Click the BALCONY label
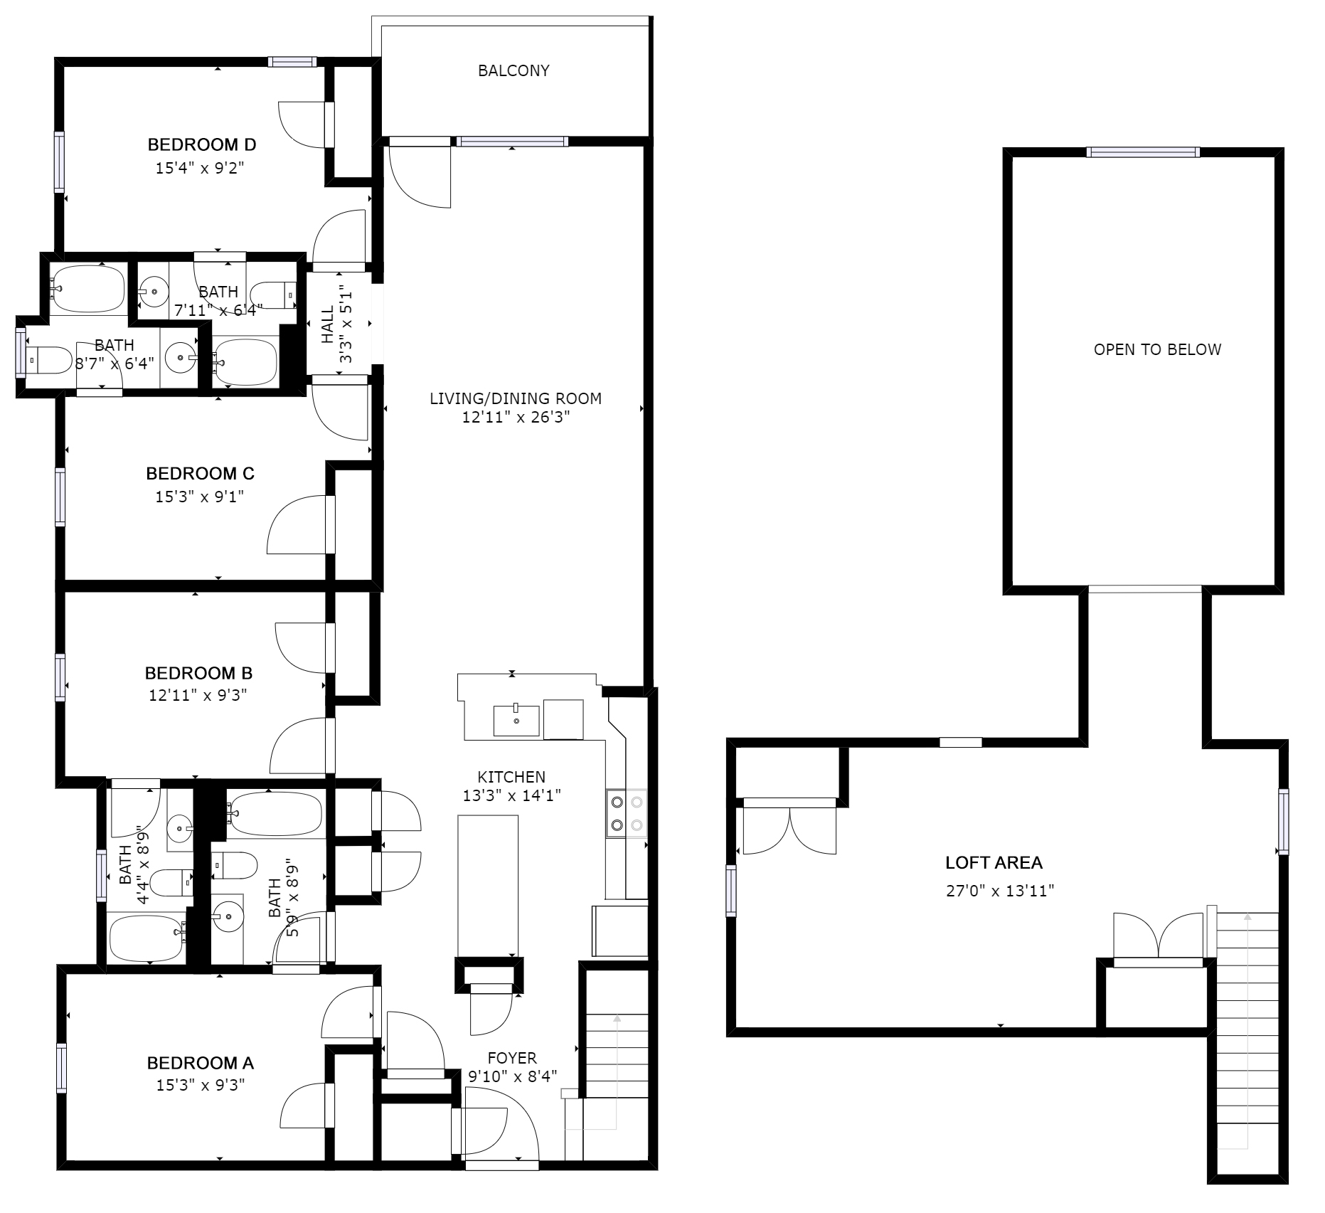point(513,70)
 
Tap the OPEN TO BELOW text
point(1157,349)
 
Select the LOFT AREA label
point(994,863)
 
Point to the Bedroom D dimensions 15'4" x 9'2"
point(205,169)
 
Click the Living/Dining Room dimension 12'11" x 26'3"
point(516,417)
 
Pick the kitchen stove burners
point(627,813)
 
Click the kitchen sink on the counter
point(516,720)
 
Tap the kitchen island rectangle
point(488,886)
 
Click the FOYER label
point(512,1058)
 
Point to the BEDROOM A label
point(200,1063)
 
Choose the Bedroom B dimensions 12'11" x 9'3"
point(198,695)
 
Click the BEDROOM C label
point(200,473)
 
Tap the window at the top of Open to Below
point(1143,152)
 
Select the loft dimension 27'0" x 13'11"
point(999,891)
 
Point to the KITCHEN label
point(511,778)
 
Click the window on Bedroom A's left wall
point(61,1068)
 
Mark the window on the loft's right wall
point(1282,821)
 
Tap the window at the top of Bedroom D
point(292,62)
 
